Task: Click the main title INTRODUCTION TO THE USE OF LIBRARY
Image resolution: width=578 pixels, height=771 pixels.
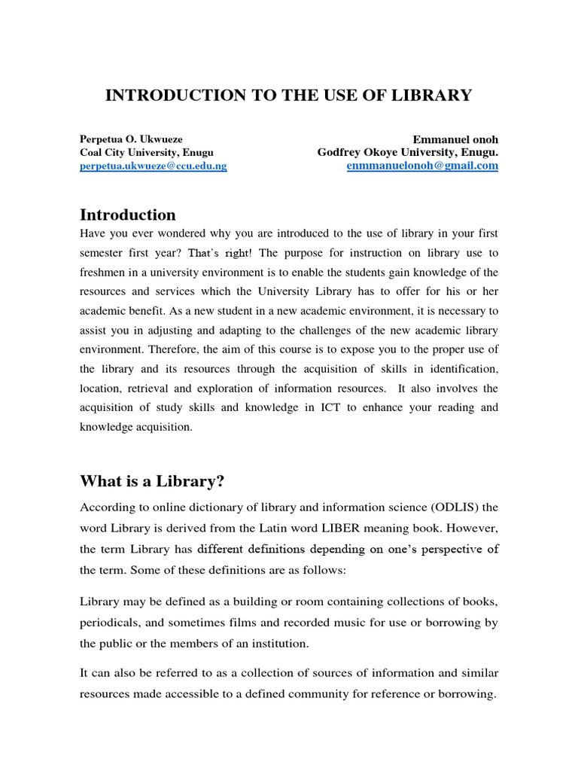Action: click(x=288, y=96)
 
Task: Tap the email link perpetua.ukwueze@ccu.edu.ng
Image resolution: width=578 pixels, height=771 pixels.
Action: click(x=154, y=166)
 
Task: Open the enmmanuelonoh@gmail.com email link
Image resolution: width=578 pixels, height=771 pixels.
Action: click(x=422, y=166)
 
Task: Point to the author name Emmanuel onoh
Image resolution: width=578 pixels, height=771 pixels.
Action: click(x=455, y=139)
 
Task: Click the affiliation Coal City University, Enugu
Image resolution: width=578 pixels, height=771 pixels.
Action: click(x=147, y=152)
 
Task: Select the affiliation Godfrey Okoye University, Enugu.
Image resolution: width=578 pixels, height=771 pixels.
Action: click(x=408, y=152)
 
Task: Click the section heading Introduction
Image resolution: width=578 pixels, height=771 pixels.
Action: click(x=128, y=215)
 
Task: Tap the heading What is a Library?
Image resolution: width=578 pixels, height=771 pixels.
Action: click(x=153, y=482)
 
